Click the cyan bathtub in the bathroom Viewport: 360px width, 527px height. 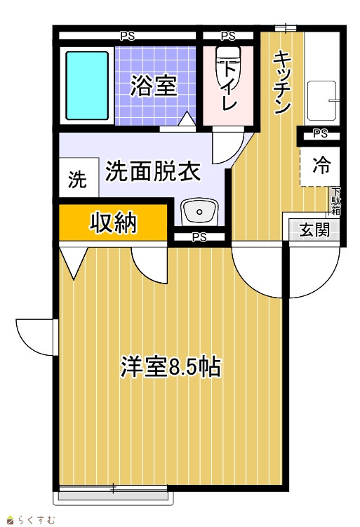(87, 86)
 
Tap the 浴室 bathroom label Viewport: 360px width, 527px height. (154, 86)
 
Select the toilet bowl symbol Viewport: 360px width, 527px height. (228, 70)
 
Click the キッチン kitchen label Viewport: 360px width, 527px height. (281, 82)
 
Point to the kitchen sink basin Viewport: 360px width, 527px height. (321, 100)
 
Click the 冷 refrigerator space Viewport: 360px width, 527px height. (321, 166)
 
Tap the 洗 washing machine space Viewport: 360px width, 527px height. (79, 178)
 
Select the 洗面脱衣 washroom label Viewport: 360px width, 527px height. (153, 171)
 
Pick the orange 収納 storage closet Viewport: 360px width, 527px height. (113, 222)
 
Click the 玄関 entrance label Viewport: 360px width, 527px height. (314, 230)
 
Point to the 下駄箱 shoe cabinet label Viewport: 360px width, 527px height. (336, 201)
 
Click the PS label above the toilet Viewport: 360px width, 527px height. (228, 36)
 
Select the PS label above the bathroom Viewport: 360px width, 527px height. (128, 36)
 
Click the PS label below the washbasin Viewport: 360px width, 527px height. (199, 237)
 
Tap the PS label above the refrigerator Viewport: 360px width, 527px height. (320, 134)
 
